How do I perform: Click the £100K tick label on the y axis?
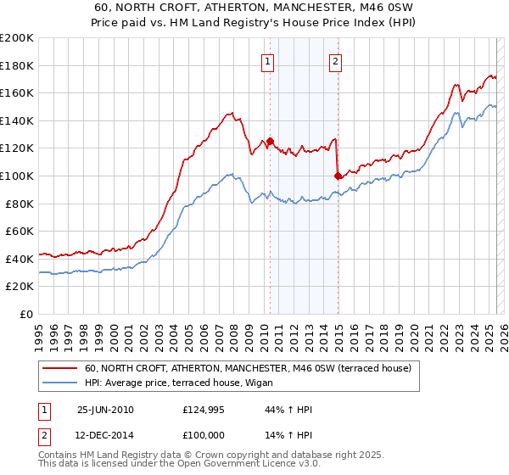17,176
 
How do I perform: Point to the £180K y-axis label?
17,65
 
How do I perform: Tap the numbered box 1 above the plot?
268,60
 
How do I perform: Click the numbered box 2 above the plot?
336,60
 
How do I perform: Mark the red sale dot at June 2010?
271,142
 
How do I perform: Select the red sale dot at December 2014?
338,176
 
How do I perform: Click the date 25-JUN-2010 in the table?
105,410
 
